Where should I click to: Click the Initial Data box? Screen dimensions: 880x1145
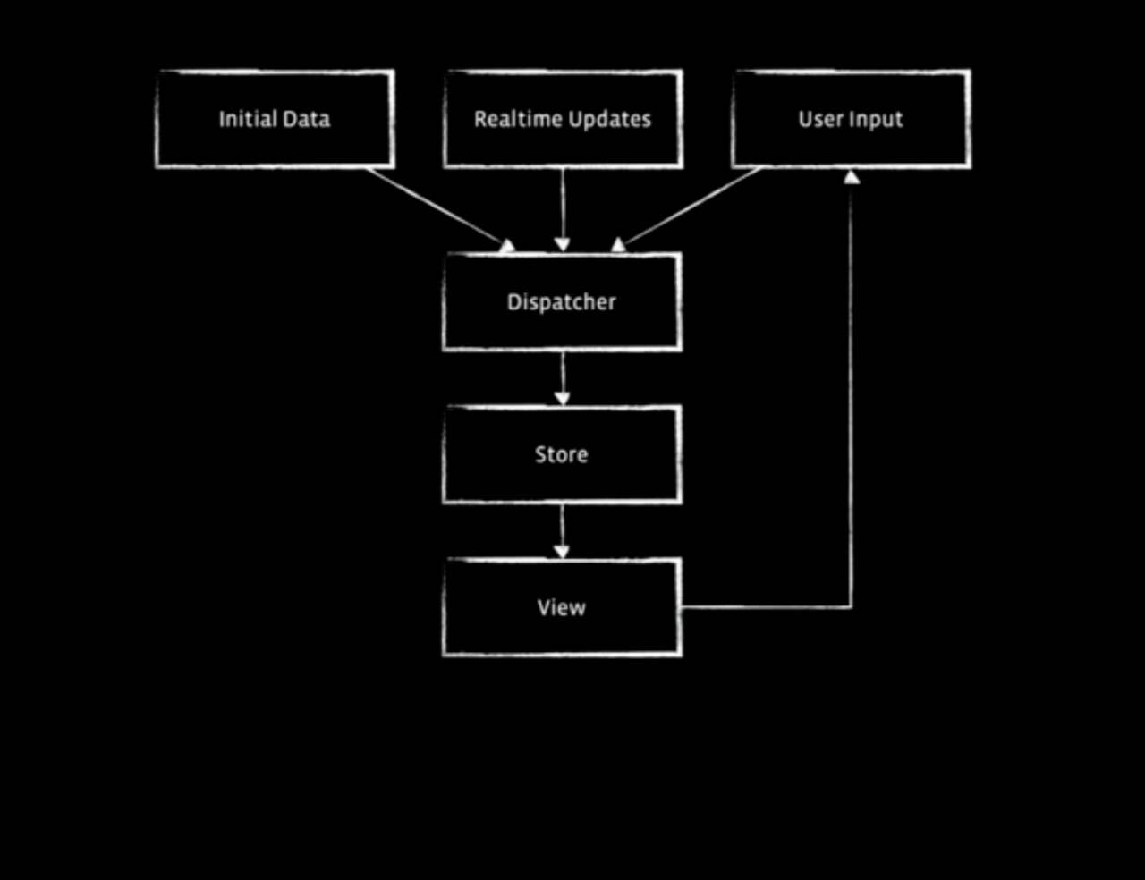[275, 119]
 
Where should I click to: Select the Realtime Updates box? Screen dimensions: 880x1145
[563, 119]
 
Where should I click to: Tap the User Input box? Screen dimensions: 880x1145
[851, 119]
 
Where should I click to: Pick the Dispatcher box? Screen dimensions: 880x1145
[562, 302]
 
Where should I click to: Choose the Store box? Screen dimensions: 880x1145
[562, 454]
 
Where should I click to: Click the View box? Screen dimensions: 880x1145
[562, 608]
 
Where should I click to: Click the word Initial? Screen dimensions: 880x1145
[248, 119]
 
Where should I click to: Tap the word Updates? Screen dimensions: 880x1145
[610, 119]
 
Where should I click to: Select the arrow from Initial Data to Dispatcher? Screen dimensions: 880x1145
[436, 206]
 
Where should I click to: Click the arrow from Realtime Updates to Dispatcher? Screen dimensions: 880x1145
[563, 207]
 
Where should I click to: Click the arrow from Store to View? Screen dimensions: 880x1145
[562, 529]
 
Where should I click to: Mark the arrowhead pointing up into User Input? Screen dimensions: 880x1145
[852, 177]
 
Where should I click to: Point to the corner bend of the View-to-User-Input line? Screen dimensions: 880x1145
[851, 607]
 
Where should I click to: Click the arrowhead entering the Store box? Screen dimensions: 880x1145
[562, 399]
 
